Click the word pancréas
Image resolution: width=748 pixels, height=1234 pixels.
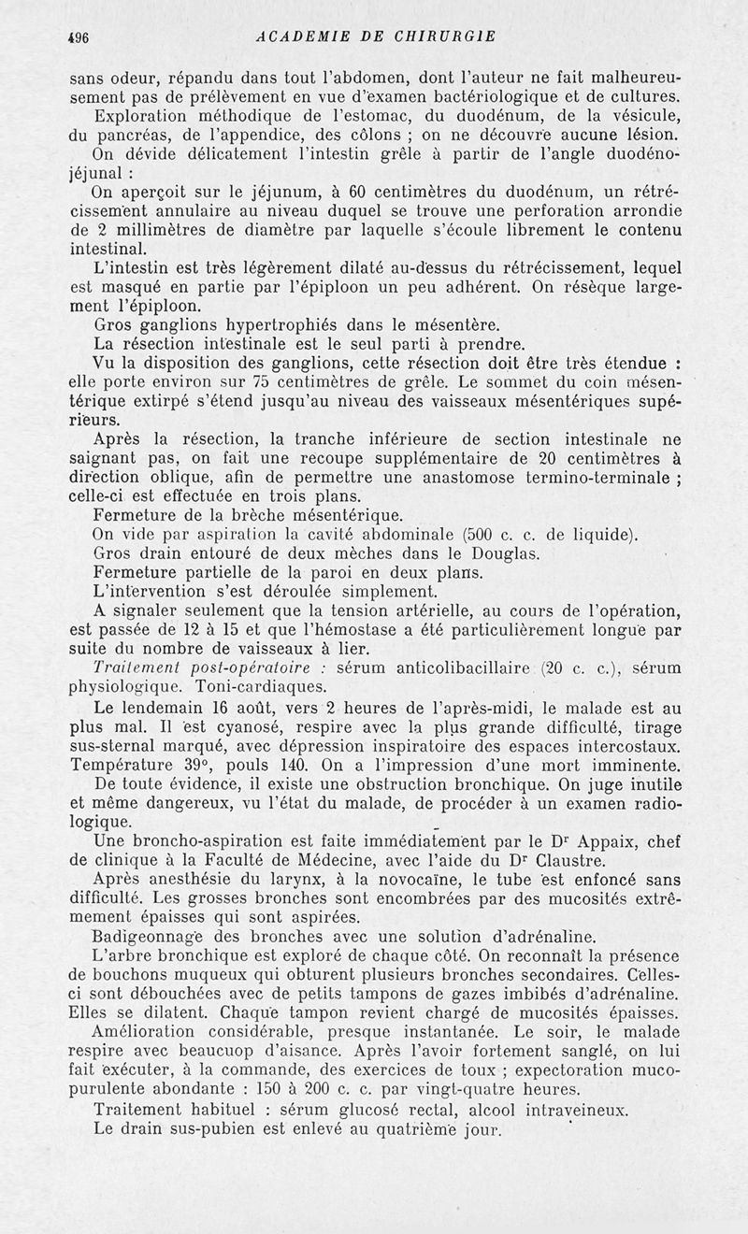coord(125,134)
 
